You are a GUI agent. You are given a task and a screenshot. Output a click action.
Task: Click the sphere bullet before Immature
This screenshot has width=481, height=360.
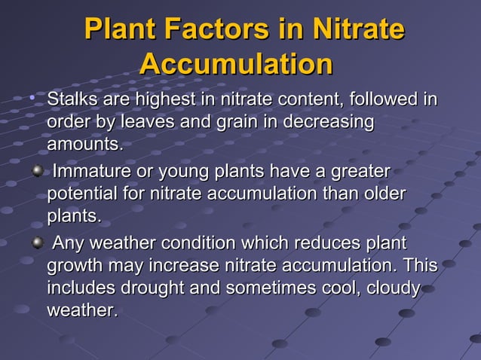click(x=36, y=172)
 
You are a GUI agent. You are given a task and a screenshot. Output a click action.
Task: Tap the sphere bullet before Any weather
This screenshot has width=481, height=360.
click(x=36, y=244)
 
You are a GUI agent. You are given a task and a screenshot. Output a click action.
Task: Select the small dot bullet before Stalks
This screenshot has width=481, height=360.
click(x=32, y=98)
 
